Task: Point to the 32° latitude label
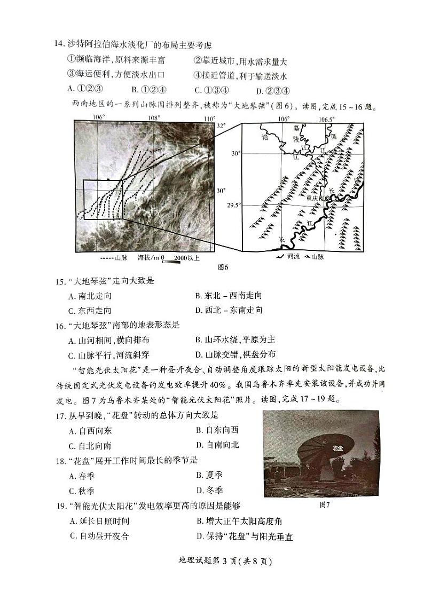(x=221, y=126)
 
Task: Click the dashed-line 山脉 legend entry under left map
(x=114, y=257)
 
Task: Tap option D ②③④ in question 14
(x=272, y=90)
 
